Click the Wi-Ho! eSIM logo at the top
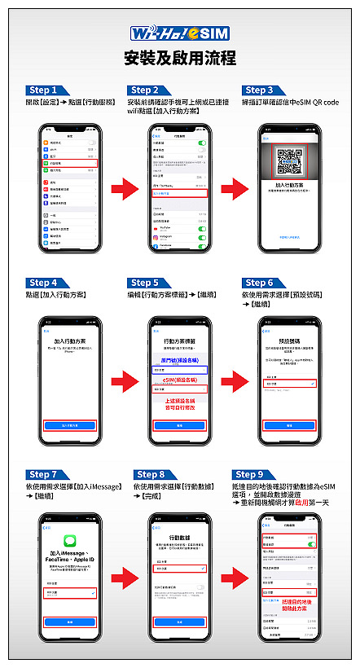click(x=179, y=33)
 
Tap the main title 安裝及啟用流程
click(x=179, y=58)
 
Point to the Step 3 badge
click(x=260, y=90)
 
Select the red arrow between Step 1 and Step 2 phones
click(x=123, y=190)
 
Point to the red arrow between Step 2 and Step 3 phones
click(x=234, y=190)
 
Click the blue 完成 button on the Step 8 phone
click(x=178, y=622)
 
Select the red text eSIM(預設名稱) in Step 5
click(x=178, y=380)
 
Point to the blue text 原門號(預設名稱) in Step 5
click(x=178, y=358)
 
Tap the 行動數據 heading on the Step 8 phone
click(x=178, y=538)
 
